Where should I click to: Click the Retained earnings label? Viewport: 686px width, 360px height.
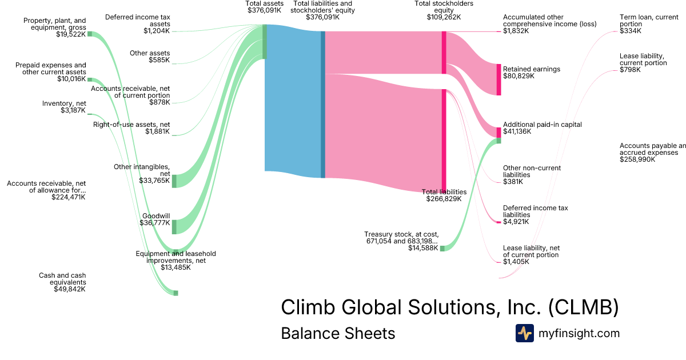tap(531, 69)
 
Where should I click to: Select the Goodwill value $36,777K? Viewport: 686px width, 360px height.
tap(154, 223)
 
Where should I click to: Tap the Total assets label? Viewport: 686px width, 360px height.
tap(264, 3)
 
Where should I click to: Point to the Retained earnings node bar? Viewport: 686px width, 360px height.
tap(498, 79)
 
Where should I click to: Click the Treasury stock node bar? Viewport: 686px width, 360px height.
tap(442, 248)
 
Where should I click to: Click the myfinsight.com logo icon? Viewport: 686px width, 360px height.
tap(524, 333)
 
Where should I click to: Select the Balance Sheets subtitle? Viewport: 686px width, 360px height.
tap(338, 333)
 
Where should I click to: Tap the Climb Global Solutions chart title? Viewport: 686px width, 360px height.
tap(449, 307)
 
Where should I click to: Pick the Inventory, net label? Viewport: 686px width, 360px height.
tap(64, 103)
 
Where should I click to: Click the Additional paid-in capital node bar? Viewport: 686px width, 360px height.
tap(498, 133)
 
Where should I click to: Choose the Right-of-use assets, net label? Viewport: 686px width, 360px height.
tap(131, 125)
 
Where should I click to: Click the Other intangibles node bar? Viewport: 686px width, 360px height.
tap(174, 181)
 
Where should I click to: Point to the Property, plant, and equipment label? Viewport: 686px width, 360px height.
tap(55, 24)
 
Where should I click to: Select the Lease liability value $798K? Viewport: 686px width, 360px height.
tap(630, 70)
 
